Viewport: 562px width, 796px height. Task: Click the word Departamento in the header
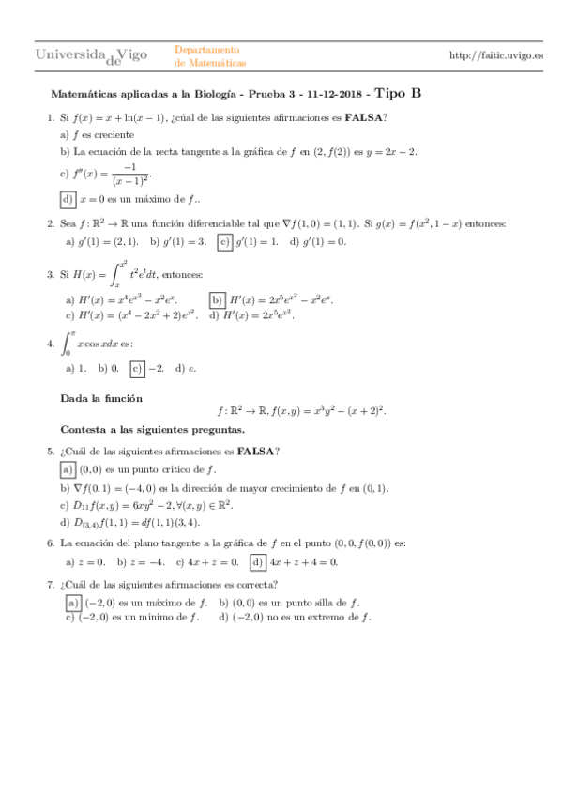click(x=207, y=50)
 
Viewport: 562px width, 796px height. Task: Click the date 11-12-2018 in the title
click(x=335, y=94)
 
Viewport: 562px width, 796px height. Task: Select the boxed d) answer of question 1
click(x=67, y=199)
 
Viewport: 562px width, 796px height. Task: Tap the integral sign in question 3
click(x=116, y=273)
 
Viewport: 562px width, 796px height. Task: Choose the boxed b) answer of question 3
click(x=216, y=299)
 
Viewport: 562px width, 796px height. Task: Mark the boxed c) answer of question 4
click(x=137, y=368)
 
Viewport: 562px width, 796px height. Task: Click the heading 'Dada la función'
click(x=101, y=398)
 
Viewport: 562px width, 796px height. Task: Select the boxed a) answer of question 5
click(x=67, y=468)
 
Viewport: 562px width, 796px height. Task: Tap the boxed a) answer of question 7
click(x=67, y=603)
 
